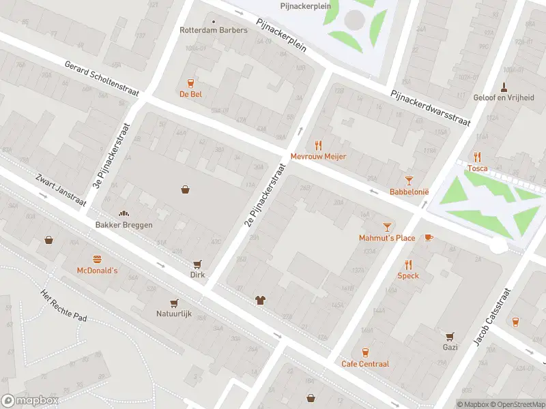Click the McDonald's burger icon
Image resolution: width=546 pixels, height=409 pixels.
tap(97, 258)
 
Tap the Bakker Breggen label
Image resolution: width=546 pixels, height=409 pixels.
tap(124, 225)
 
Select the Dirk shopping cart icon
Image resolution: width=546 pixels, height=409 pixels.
tap(198, 264)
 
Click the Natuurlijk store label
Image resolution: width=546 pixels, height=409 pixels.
tap(173, 315)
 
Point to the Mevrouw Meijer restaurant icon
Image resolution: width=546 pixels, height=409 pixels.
tap(318, 145)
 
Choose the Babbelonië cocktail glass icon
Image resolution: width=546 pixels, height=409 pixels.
tap(409, 180)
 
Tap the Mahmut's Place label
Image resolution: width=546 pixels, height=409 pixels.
tap(387, 238)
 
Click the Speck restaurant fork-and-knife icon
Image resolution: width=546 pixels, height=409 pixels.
tap(408, 264)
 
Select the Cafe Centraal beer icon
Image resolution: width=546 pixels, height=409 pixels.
tap(365, 352)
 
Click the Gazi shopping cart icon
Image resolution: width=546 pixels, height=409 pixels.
tap(449, 336)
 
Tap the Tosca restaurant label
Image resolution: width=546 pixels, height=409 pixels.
tap(477, 168)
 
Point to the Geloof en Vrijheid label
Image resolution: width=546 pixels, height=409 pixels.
tap(504, 97)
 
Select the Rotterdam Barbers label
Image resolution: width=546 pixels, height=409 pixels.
tap(213, 30)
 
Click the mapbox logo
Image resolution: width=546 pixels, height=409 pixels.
tap(30, 401)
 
